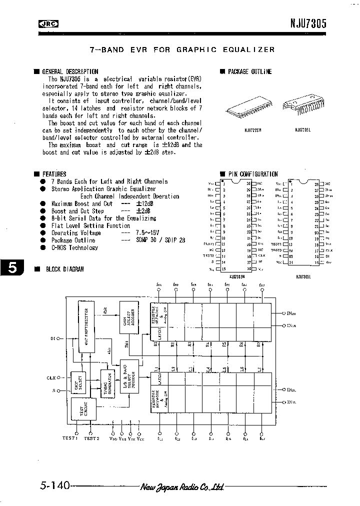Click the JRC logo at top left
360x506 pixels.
click(48, 23)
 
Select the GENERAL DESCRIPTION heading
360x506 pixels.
click(70, 71)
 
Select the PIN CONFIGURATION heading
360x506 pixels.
click(253, 174)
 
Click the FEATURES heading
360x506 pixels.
click(54, 174)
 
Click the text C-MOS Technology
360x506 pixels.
click(74, 247)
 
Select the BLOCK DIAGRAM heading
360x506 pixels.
click(64, 268)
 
